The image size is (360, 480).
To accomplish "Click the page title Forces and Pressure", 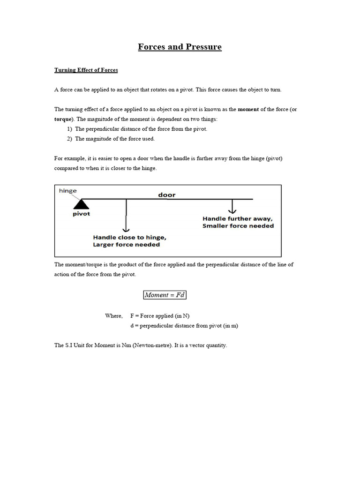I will (x=180, y=47).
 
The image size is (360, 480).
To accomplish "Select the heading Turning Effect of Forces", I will (x=86, y=70).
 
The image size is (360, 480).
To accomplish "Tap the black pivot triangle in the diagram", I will (x=82, y=204).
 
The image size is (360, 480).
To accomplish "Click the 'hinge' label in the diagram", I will (x=68, y=191).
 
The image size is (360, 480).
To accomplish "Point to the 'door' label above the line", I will (x=167, y=195).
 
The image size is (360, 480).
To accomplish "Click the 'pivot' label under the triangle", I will (x=81, y=214).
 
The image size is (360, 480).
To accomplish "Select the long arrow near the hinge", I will (x=126, y=215).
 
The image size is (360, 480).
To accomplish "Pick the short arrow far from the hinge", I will (x=232, y=206).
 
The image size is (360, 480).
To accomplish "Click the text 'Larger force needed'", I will (x=127, y=245).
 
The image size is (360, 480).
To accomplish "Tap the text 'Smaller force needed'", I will (x=238, y=226).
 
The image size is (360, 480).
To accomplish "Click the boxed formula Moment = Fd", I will (x=165, y=295).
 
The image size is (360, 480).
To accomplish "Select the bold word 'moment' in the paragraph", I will (x=248, y=109).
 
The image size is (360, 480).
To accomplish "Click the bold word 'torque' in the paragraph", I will (x=64, y=119).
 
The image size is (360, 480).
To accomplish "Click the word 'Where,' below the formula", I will (x=114, y=316).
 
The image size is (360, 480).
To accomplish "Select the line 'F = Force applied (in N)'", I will (x=160, y=316).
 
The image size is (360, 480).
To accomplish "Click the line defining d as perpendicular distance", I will (x=184, y=326).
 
